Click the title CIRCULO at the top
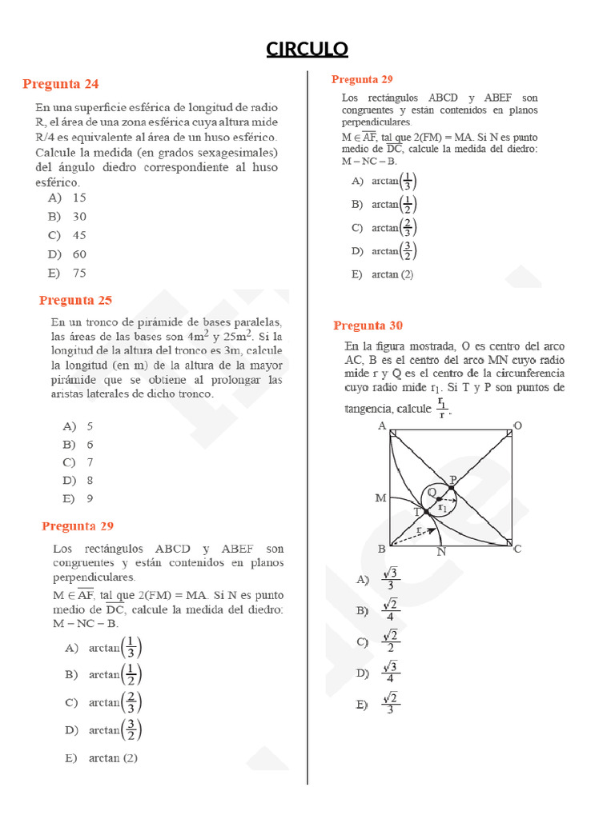pyautogui.click(x=307, y=50)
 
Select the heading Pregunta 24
pyautogui.click(x=61, y=84)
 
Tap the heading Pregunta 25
pyautogui.click(x=75, y=301)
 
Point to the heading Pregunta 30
pyautogui.click(x=368, y=326)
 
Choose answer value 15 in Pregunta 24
pyautogui.click(x=79, y=198)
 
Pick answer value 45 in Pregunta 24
pyautogui.click(x=79, y=235)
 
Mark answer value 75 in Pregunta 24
pyautogui.click(x=79, y=273)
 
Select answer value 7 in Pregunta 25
pyautogui.click(x=90, y=462)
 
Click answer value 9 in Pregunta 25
pyautogui.click(x=90, y=499)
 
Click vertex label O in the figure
pyautogui.click(x=517, y=425)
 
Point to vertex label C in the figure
pyautogui.click(x=517, y=549)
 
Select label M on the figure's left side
pyautogui.click(x=381, y=497)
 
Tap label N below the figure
pyautogui.click(x=441, y=552)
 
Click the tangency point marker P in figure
pyautogui.click(x=452, y=487)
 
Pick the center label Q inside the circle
pyautogui.click(x=432, y=492)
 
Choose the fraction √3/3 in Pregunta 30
pyautogui.click(x=392, y=579)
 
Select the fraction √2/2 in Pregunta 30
pyautogui.click(x=390, y=641)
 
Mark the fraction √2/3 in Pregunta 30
pyautogui.click(x=390, y=704)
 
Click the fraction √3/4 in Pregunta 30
pyautogui.click(x=391, y=673)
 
